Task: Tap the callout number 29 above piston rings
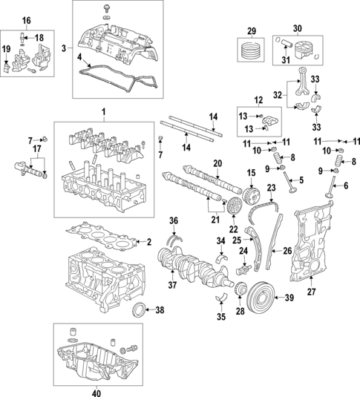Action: [x=251, y=30]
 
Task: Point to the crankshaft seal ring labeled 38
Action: [x=138, y=309]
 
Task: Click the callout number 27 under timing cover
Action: [x=311, y=292]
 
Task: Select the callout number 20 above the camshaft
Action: [x=217, y=163]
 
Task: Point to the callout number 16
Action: [x=26, y=19]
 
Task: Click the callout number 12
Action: [x=258, y=101]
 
